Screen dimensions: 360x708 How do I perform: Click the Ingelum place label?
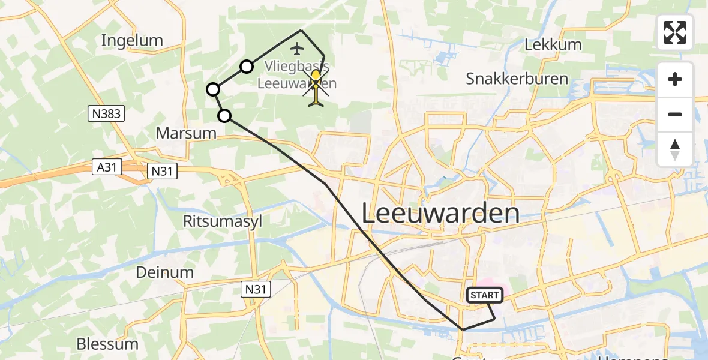point(132,41)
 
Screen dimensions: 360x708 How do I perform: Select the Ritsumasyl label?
point(223,221)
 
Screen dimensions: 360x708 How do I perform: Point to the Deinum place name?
point(164,272)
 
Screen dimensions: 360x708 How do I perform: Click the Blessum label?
point(107,344)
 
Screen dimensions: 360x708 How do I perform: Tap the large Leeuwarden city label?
point(441,214)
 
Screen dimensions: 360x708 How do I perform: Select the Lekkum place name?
point(553,44)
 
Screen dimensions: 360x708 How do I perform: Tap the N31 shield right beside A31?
point(163,172)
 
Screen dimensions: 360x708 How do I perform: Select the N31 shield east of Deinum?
point(256,290)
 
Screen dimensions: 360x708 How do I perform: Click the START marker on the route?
point(484,295)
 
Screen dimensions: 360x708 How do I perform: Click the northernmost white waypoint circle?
point(247,67)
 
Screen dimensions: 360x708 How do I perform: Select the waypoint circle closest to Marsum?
point(224,116)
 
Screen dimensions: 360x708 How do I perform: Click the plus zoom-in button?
point(675,79)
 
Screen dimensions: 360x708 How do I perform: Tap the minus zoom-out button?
point(675,114)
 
